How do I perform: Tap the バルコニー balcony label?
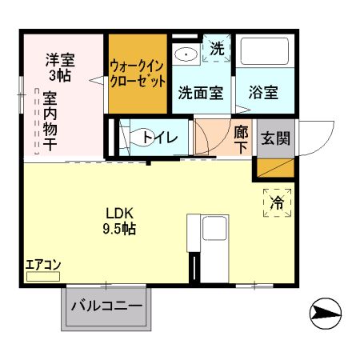[x=106, y=306]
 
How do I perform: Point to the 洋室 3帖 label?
[x=59, y=66]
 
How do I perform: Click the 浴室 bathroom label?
[x=262, y=92]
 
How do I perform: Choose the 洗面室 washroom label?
[x=199, y=92]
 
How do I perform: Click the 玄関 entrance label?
[x=276, y=138]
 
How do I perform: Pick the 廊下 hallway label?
[x=242, y=138]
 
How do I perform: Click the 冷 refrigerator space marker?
[x=276, y=203]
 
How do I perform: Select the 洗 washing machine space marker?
[x=217, y=50]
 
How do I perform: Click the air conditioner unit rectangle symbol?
[x=43, y=276]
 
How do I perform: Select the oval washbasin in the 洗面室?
[x=187, y=54]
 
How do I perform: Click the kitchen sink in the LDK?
[x=214, y=230]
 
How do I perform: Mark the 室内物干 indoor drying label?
[x=50, y=120]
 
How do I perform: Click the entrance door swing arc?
[x=316, y=136]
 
